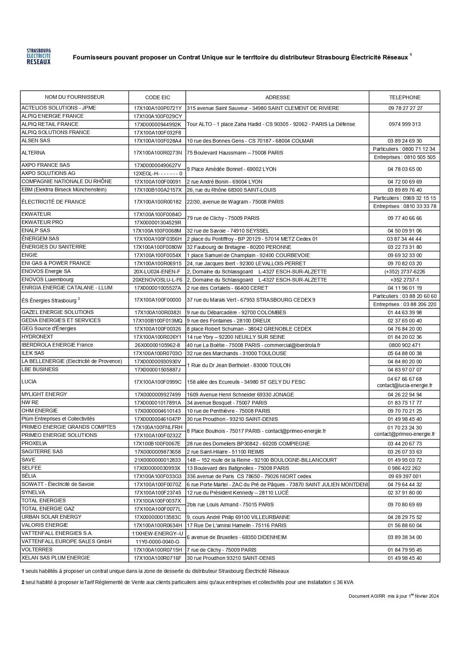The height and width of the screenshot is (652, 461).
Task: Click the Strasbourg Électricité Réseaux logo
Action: (39, 56)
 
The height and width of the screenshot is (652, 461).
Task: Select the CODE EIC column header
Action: (158, 97)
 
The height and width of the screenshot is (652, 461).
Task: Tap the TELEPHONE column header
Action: (405, 97)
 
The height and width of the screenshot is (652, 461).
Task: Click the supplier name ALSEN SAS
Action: (36, 140)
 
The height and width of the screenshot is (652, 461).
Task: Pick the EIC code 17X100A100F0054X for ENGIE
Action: (158, 255)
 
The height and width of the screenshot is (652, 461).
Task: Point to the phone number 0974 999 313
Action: (405, 124)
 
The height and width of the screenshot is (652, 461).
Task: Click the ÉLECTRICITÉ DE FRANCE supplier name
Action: (53, 202)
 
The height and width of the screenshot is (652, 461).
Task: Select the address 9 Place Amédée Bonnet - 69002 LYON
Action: (231, 169)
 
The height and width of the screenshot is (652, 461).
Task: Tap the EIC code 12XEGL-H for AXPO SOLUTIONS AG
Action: (158, 173)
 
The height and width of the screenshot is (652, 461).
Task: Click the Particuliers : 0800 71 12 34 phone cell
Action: (404, 149)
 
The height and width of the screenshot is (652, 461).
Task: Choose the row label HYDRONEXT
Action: (37, 337)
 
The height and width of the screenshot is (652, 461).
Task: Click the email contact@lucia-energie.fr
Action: (405, 386)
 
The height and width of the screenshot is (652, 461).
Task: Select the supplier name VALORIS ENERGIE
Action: (45, 525)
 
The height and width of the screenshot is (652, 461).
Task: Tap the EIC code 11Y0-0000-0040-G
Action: (158, 542)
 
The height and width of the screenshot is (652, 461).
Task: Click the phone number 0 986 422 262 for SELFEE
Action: (405, 468)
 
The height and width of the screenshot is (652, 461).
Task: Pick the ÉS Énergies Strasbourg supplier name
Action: (49, 300)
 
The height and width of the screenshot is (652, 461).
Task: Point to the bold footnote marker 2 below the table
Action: (23, 582)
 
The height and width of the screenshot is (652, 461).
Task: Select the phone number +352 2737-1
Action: (405, 280)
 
